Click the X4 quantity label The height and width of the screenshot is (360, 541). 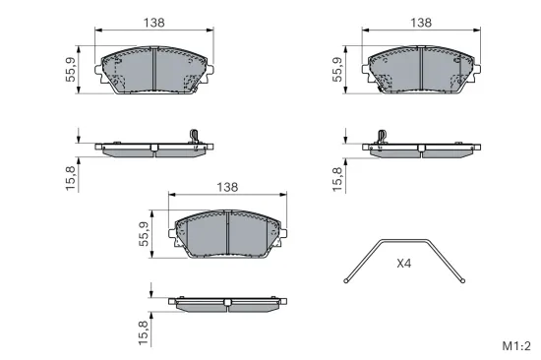[x=405, y=264]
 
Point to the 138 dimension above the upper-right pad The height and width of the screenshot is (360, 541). [x=421, y=21]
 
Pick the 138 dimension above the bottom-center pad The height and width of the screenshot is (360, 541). [x=228, y=187]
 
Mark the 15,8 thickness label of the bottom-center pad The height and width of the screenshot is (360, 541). [x=144, y=331]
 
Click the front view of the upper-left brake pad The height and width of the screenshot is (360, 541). [x=156, y=70]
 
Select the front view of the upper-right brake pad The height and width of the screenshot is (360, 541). [x=421, y=70]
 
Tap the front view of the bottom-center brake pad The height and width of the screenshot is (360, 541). [x=228, y=237]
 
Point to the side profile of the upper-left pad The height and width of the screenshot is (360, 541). [x=156, y=149]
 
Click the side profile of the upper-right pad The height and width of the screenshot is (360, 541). [x=421, y=149]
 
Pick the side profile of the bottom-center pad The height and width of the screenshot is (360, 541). [x=228, y=300]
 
